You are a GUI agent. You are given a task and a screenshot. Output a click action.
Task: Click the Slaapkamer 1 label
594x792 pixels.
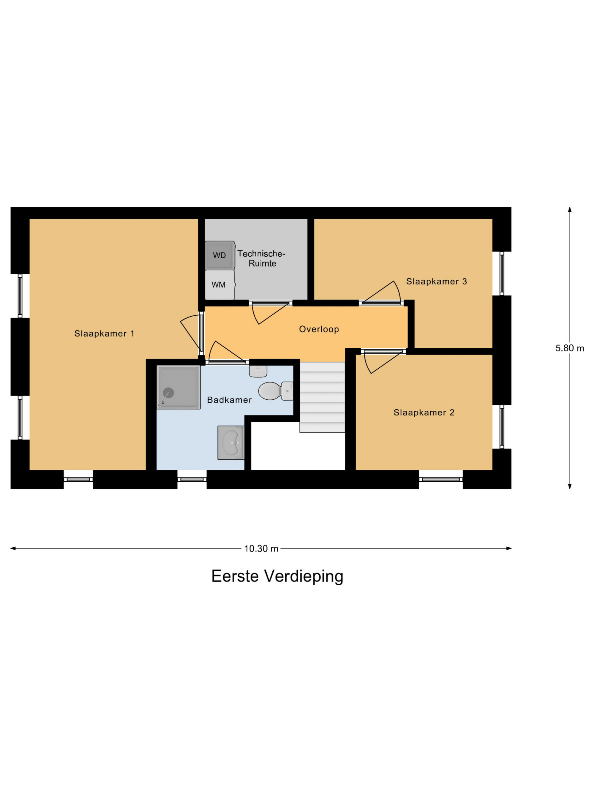coord(104,334)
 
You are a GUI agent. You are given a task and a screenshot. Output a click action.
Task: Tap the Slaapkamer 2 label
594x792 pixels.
coord(424,412)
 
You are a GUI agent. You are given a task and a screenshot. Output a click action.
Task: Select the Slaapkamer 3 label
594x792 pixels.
coord(437,282)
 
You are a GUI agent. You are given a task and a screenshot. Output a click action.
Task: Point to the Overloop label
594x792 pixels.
coord(319,329)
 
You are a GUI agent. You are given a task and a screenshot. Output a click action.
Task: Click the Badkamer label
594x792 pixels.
coord(230,400)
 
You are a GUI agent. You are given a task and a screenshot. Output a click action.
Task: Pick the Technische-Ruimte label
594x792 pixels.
coord(261,259)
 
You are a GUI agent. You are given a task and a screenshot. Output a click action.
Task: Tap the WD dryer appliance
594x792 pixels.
coord(220,255)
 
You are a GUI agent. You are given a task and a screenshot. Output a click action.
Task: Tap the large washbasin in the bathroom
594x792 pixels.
coord(231,443)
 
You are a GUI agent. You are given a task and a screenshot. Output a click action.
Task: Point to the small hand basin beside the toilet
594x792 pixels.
coord(258,371)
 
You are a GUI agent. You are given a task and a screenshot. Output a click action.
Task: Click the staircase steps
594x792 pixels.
coord(322,397)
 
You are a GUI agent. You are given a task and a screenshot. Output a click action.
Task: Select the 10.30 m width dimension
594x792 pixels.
coord(261,548)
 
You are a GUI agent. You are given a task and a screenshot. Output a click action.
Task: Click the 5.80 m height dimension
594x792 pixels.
coord(570,348)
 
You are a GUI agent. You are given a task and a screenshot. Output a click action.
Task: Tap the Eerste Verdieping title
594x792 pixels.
coord(277,576)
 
